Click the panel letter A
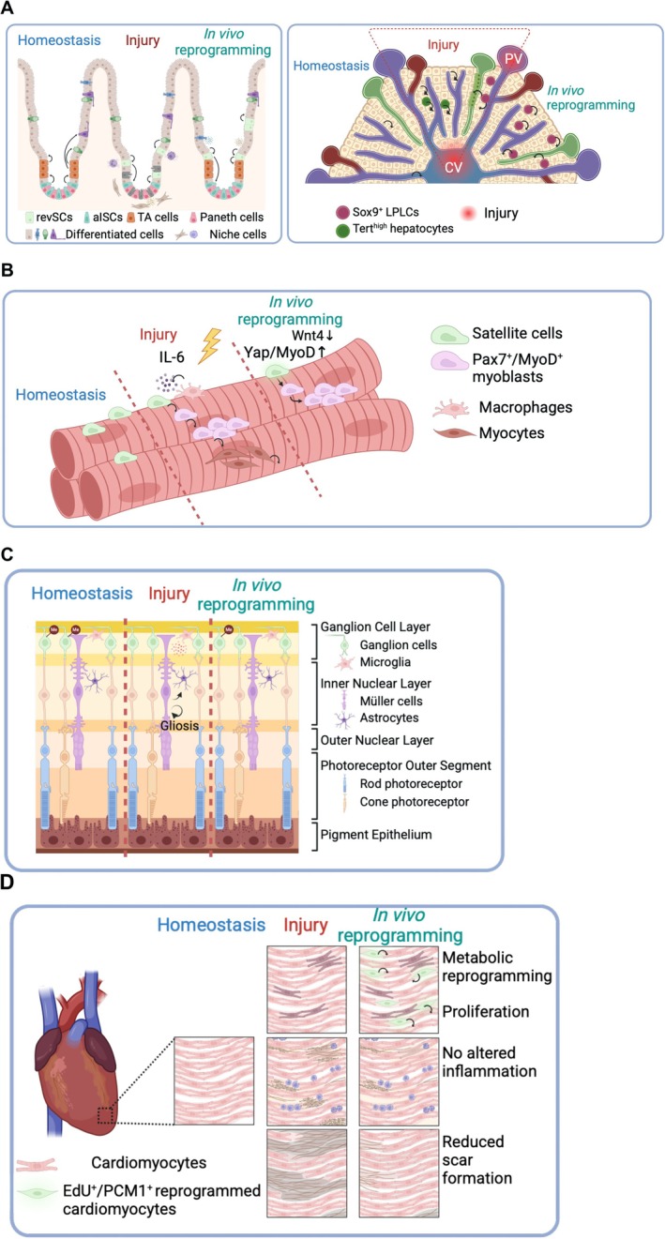(x=8, y=10)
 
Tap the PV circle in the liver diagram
(x=513, y=58)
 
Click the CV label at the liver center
(x=454, y=166)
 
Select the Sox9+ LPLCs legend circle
(x=342, y=212)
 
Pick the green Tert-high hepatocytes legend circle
(x=342, y=230)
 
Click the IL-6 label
(x=172, y=357)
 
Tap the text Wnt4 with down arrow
(x=312, y=335)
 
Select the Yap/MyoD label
(x=285, y=353)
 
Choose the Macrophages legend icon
(x=451, y=409)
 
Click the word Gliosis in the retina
(x=179, y=725)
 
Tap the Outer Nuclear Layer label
(x=377, y=740)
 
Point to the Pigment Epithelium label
(x=376, y=835)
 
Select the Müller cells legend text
(x=390, y=701)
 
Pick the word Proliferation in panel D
(x=485, y=1012)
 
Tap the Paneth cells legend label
(x=232, y=218)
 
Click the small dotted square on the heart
(x=105, y=1115)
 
